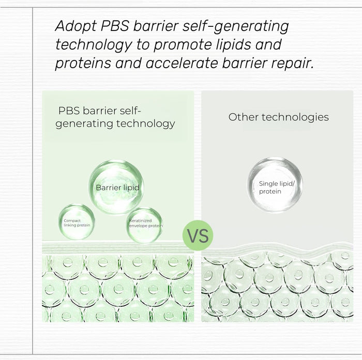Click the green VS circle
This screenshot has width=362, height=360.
click(198, 236)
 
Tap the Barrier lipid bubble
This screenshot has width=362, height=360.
click(116, 187)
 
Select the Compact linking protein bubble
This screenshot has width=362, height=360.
click(77, 222)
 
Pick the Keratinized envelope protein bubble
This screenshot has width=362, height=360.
click(145, 225)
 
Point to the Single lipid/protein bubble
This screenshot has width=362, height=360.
click(275, 185)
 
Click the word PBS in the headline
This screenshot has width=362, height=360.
click(115, 26)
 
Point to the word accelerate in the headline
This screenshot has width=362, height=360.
click(182, 63)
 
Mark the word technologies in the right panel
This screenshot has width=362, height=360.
click(295, 117)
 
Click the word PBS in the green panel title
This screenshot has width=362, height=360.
click(69, 111)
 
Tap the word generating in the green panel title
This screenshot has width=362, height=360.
click(84, 124)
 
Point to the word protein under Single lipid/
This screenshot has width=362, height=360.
click(270, 192)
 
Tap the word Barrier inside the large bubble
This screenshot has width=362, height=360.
click(108, 187)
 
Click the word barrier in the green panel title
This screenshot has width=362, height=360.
click(100, 111)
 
